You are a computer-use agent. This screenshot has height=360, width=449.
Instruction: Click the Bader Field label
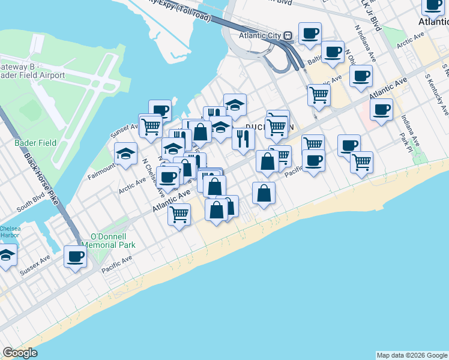35,143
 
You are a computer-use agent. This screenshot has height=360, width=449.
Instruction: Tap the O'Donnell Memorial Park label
113,240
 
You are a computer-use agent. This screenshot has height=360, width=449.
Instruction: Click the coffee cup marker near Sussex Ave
76,257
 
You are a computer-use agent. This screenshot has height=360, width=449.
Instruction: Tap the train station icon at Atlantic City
288,35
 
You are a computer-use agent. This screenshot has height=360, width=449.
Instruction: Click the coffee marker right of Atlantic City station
310,33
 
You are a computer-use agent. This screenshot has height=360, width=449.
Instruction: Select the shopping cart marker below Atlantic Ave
179,214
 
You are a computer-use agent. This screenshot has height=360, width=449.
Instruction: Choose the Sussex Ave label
34,267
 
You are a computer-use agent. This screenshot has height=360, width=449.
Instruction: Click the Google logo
20,353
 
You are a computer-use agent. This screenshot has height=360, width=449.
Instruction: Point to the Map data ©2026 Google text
412,355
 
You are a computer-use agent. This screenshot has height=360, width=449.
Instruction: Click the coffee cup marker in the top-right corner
432,6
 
